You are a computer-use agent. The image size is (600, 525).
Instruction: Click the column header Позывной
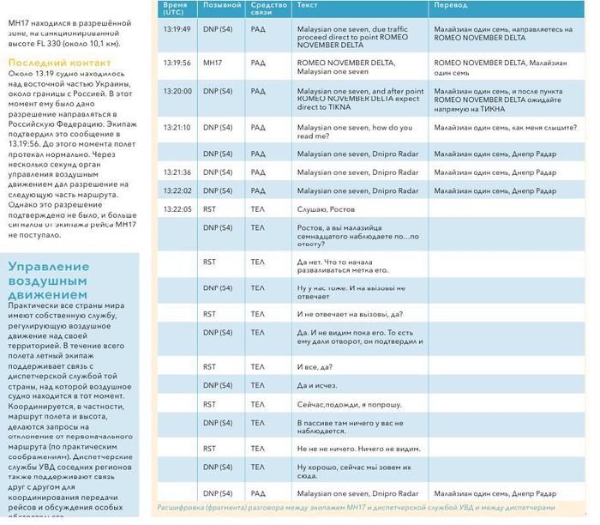click(221, 5)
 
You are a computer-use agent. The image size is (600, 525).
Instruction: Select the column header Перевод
click(451, 5)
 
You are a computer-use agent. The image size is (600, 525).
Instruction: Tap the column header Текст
click(306, 5)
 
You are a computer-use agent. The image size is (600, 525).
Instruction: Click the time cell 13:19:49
click(177, 29)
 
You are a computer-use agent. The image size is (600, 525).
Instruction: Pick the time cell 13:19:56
click(177, 63)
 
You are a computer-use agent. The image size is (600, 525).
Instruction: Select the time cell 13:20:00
click(177, 90)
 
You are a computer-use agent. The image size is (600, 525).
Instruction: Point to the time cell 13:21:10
click(177, 127)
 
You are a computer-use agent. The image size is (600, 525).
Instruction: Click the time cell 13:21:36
click(177, 172)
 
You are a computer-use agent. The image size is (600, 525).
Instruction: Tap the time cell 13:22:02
click(177, 190)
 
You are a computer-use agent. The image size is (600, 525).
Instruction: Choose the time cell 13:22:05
click(177, 209)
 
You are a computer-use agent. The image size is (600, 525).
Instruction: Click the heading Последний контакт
click(59, 63)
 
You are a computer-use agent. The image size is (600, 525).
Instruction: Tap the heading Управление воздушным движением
click(59, 281)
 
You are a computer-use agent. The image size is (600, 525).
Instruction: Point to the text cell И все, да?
click(315, 367)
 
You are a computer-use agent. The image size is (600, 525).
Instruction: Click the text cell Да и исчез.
click(316, 385)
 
